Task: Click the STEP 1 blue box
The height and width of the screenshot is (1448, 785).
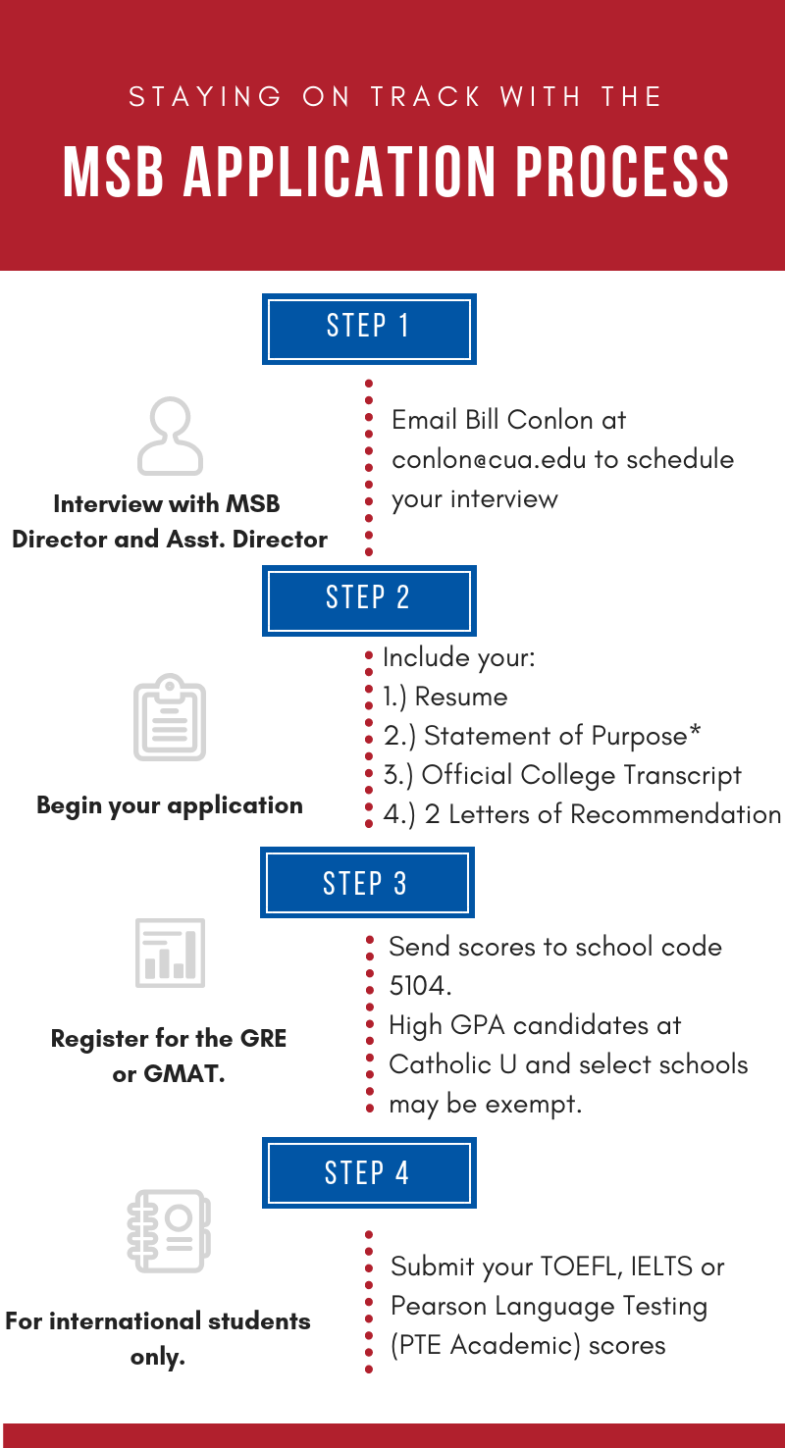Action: [369, 329]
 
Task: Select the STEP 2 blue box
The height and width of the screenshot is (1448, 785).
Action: [369, 600]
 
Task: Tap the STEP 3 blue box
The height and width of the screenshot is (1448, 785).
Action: [367, 882]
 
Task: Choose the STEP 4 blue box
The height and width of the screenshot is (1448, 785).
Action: [369, 1172]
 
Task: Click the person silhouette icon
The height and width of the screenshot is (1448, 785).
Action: [170, 436]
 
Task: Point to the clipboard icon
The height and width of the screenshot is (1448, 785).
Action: [170, 717]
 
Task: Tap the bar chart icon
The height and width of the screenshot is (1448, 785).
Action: [170, 953]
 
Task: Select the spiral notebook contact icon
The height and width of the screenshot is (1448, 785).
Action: [169, 1231]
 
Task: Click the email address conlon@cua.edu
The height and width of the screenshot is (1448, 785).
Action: [489, 459]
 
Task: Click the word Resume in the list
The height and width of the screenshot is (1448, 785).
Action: [461, 697]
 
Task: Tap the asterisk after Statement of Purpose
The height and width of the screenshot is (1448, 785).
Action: [695, 731]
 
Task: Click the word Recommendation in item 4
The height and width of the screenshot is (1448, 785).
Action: [676, 814]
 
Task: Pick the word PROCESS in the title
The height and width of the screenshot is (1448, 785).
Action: [622, 171]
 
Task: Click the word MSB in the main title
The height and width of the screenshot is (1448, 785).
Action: [113, 171]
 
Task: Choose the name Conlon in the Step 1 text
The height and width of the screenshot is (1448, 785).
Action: [550, 420]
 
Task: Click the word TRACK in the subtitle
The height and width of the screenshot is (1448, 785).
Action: [426, 97]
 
